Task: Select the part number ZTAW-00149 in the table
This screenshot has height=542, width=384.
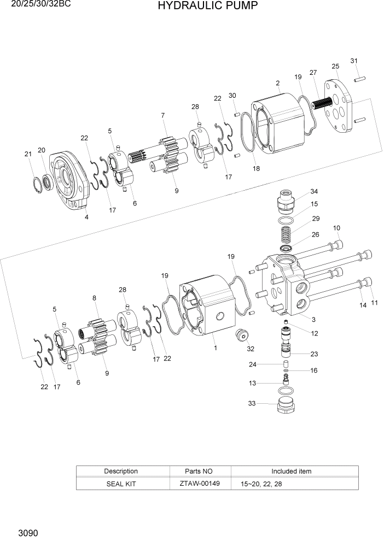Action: point(199,484)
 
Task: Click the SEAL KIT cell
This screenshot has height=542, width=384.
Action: point(121,484)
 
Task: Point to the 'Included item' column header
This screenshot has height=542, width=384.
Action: point(292,471)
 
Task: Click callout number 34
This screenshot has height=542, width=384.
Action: point(314,191)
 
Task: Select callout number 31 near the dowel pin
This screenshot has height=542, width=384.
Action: point(354,61)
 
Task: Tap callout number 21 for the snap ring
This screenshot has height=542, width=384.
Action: point(28,154)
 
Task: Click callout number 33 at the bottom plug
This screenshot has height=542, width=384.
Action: point(252,404)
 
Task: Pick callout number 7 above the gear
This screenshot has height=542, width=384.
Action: point(163,115)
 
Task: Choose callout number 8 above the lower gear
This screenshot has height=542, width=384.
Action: point(94,298)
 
